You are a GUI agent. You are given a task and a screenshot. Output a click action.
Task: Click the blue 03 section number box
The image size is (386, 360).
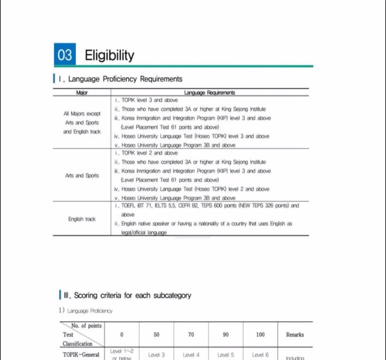point(65,54)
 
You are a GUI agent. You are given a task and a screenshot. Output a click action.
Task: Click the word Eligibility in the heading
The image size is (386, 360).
point(110,55)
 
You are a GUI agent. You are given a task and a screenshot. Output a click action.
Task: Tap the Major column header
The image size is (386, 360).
point(82,92)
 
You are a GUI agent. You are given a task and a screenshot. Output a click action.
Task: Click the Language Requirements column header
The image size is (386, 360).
point(209,92)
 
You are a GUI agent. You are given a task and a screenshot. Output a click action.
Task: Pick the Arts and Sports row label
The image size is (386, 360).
point(82,175)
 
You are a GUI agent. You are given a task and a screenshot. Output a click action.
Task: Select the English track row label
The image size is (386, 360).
point(82,219)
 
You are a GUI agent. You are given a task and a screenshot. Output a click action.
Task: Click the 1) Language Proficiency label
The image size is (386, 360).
point(86,310)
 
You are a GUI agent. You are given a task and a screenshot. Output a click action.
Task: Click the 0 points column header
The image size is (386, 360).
point(122,334)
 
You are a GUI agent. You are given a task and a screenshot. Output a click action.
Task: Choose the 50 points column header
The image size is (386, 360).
point(156,334)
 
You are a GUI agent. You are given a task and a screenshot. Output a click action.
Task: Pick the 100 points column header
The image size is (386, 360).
point(260,334)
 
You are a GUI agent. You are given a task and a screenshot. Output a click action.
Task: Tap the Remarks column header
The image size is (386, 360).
point(295,334)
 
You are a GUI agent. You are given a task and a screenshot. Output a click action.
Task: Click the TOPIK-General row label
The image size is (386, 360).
point(81,354)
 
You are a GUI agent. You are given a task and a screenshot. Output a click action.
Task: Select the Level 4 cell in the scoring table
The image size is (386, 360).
point(191,354)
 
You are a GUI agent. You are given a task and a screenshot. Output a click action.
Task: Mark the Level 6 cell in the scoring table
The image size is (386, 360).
point(260,354)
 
